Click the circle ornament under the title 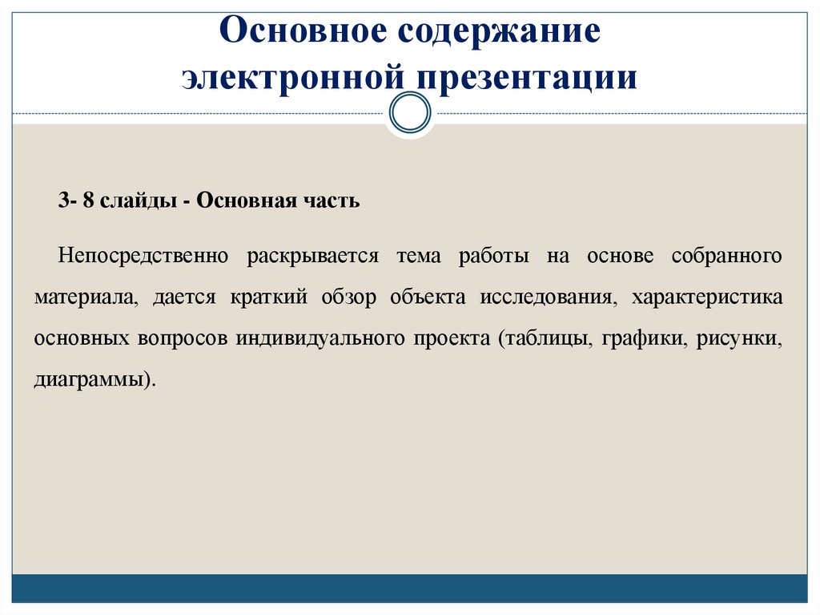pyautogui.click(x=409, y=114)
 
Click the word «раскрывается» pyautogui.click(x=312, y=257)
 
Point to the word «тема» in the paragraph pyautogui.click(x=418, y=257)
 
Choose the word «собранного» pyautogui.click(x=727, y=257)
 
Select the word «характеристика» pyautogui.click(x=707, y=297)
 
